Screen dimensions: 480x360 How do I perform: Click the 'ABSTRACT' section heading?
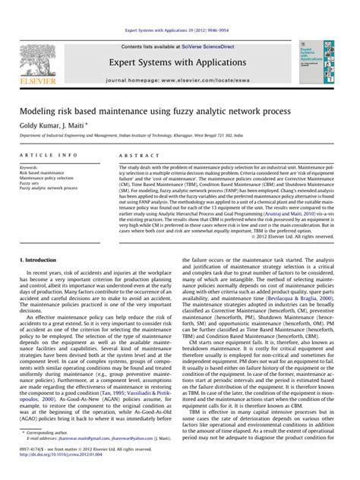(x=134, y=154)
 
